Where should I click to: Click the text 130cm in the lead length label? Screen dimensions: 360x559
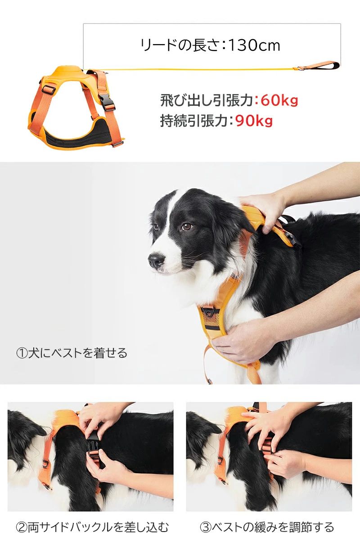254,45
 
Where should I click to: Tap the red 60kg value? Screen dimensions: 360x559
279,100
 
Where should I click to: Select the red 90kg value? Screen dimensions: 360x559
254,121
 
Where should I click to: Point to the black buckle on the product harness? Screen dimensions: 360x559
107,102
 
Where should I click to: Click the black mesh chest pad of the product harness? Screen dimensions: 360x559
77,135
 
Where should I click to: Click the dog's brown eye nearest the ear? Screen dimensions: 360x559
187,226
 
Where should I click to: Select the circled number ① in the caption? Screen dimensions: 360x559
22,353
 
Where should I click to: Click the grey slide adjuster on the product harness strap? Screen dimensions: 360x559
49,89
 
